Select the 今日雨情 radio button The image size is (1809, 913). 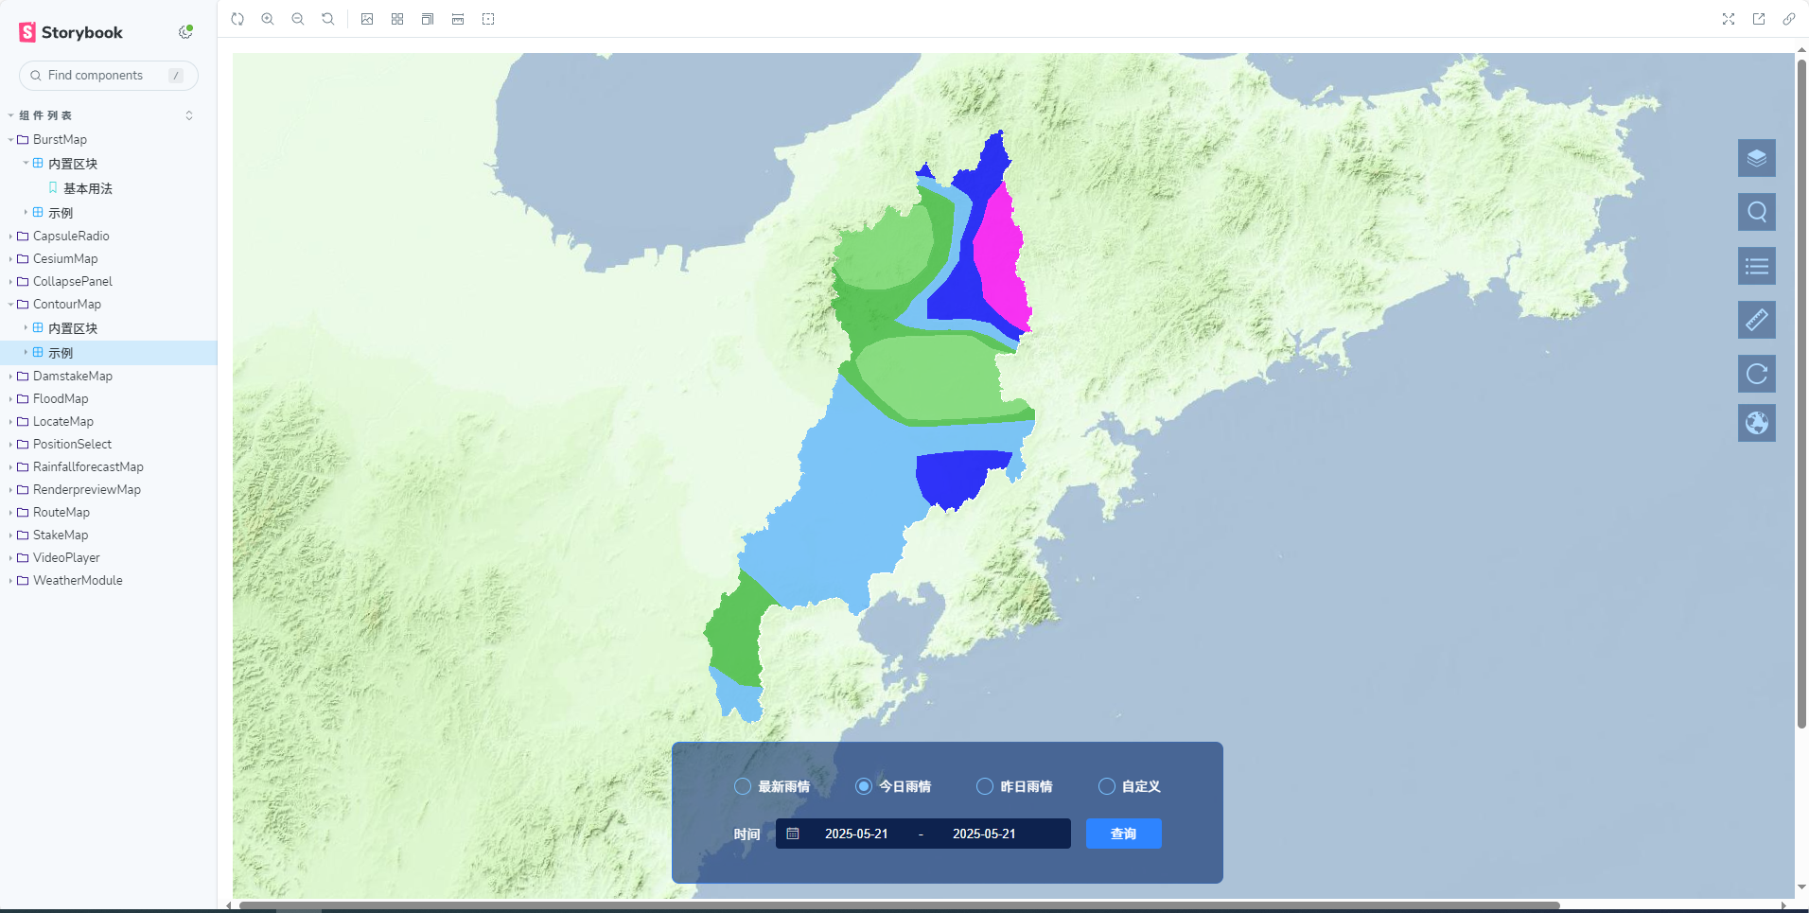(x=864, y=786)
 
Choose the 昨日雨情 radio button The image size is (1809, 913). (x=985, y=786)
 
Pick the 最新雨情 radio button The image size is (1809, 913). (x=743, y=786)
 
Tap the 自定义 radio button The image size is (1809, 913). (x=1107, y=786)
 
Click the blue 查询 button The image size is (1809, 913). (x=1123, y=834)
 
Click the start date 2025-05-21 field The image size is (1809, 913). (x=856, y=834)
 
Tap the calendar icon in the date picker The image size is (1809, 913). (x=793, y=834)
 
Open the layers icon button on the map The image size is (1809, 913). (x=1756, y=158)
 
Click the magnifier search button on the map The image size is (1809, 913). (x=1756, y=212)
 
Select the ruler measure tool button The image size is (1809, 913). (x=1756, y=320)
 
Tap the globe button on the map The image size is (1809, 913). (x=1756, y=423)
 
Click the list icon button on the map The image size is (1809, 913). (x=1756, y=266)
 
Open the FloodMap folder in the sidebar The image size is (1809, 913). (x=61, y=398)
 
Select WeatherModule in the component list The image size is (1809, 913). (x=78, y=580)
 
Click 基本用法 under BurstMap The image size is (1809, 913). (x=87, y=188)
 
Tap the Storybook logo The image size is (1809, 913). (x=71, y=32)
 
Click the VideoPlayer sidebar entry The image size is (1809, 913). (x=66, y=557)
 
